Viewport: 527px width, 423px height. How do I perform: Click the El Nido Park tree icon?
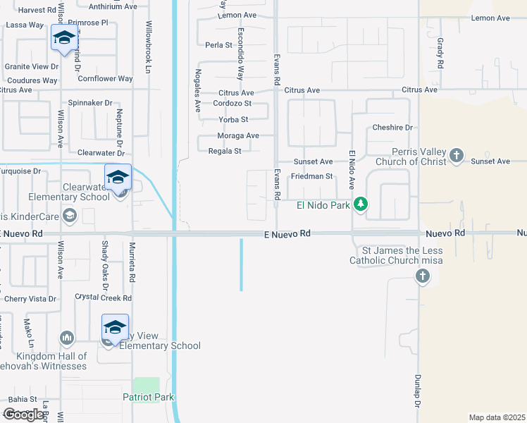(x=361, y=204)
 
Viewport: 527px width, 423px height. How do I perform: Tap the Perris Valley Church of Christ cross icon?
(x=457, y=155)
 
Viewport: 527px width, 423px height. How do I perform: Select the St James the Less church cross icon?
(x=422, y=276)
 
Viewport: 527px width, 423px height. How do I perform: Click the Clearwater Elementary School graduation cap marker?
(x=118, y=177)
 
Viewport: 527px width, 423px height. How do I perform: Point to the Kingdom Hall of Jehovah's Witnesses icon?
(x=68, y=339)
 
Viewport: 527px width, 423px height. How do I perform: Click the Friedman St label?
(x=311, y=176)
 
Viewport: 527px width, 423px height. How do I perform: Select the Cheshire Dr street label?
(x=392, y=128)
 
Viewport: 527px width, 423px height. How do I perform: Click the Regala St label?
(x=225, y=151)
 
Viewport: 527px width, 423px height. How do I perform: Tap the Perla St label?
(x=218, y=45)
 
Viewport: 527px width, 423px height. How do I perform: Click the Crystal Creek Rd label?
(x=103, y=298)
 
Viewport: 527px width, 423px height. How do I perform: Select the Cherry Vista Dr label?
(x=30, y=299)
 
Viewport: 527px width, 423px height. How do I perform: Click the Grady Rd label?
(x=440, y=53)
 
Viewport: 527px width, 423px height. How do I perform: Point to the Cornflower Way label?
(x=105, y=79)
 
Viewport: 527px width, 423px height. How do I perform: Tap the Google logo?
(x=23, y=415)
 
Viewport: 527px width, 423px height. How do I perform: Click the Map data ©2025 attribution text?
(x=497, y=417)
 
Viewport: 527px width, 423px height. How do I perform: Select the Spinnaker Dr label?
(x=90, y=103)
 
